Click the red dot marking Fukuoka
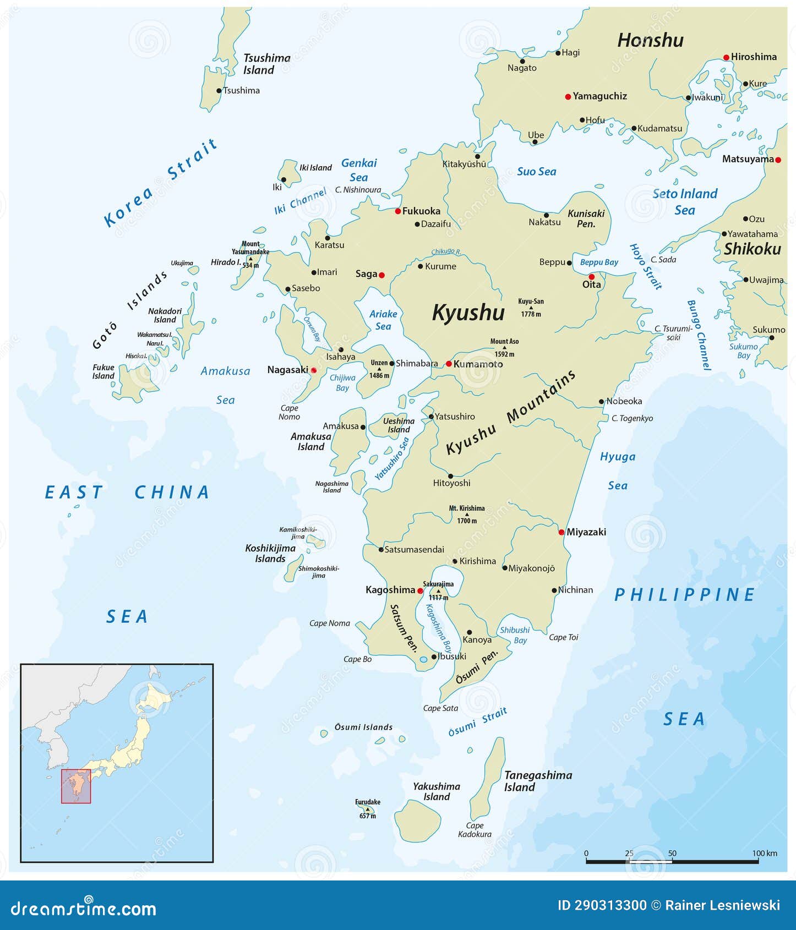click(397, 211)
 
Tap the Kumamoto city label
click(478, 364)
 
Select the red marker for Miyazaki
click(561, 532)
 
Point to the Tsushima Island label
click(267, 64)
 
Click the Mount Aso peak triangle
click(504, 348)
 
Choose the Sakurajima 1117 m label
click(438, 590)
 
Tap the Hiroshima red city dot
click(726, 57)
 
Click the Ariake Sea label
click(383, 320)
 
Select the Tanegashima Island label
click(538, 781)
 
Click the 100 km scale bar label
click(765, 854)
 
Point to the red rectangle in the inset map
click(76, 786)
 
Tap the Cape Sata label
click(440, 708)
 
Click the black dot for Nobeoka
click(602, 402)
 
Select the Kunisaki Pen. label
click(586, 218)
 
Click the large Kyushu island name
click(468, 312)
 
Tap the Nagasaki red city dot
click(314, 370)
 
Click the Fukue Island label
click(103, 371)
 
